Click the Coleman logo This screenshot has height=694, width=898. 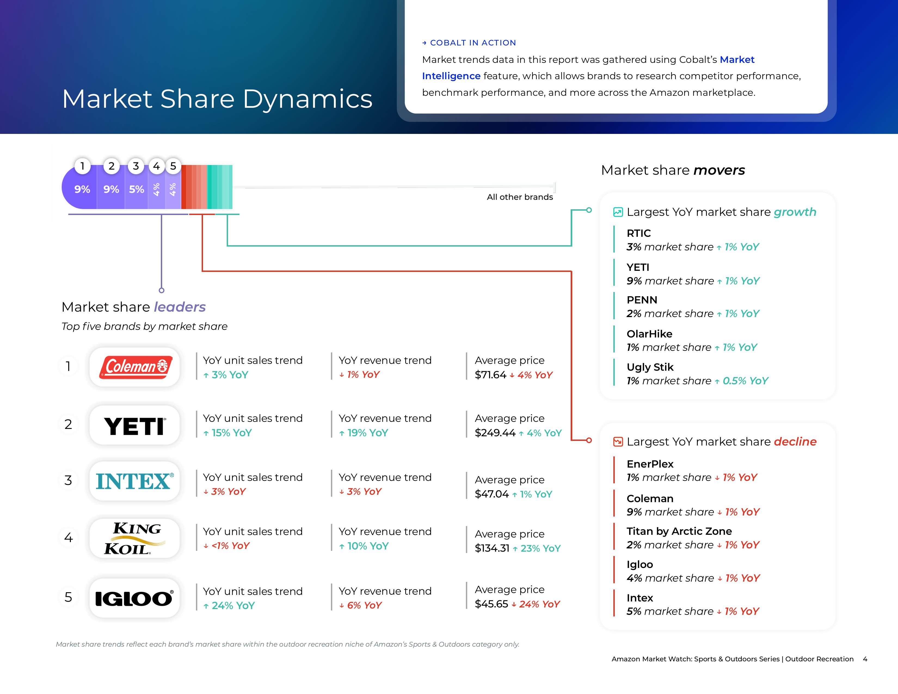[x=135, y=367]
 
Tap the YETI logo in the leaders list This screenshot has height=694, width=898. [x=135, y=426]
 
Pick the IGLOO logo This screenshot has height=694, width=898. [x=134, y=598]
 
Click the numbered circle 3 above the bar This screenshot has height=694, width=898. [x=136, y=166]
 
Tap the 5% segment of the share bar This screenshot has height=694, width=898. [x=137, y=189]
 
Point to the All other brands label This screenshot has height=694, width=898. [x=520, y=197]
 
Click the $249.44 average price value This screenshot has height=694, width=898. [x=495, y=433]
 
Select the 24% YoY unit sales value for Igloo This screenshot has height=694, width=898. [x=233, y=606]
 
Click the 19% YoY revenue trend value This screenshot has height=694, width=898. [x=367, y=433]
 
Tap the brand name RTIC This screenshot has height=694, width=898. [x=639, y=233]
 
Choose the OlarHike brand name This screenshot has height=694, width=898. [x=649, y=334]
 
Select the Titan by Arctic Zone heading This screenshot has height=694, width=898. [x=679, y=531]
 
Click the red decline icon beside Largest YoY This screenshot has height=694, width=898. [x=618, y=441]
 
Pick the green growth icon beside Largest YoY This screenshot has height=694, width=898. [x=618, y=212]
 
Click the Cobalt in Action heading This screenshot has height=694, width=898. [x=472, y=43]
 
